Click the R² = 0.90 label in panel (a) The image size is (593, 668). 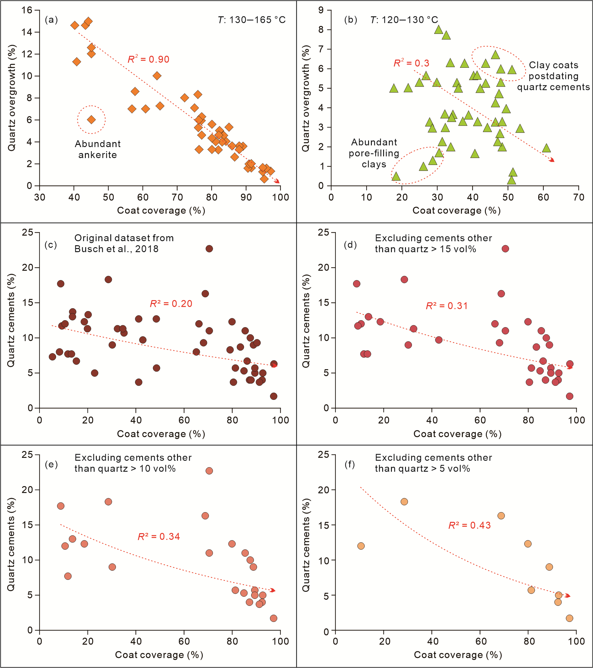click(148, 59)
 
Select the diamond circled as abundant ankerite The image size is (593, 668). click(91, 119)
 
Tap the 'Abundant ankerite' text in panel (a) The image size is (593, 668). click(98, 149)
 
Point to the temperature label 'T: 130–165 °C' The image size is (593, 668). click(252, 20)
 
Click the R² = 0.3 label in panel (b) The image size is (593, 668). click(411, 63)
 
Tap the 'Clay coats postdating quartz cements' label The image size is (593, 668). click(554, 76)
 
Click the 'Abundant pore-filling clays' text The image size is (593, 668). click(374, 153)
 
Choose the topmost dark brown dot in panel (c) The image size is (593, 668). click(209, 249)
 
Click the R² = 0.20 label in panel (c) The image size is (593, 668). click(171, 304)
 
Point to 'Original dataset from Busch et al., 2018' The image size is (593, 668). click(124, 243)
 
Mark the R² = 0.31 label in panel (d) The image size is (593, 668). click(447, 305)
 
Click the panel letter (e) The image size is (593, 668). click(51, 464)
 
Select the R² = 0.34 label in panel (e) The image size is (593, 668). click(159, 536)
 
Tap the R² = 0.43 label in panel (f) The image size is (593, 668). click(469, 525)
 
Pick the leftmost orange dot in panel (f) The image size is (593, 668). click(361, 546)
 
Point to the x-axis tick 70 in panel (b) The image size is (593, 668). click(579, 197)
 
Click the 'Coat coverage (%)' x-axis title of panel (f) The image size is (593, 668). click(458, 655)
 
